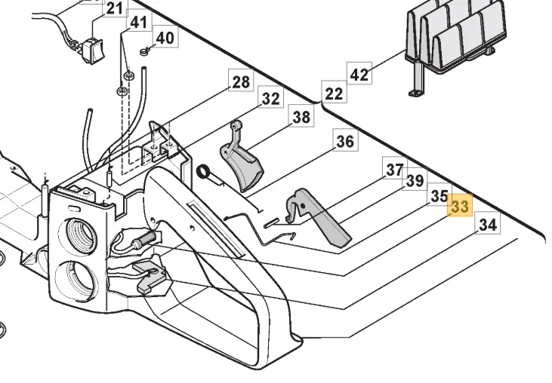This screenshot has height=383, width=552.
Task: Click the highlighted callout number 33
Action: (460, 207)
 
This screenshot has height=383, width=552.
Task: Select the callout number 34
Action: (488, 224)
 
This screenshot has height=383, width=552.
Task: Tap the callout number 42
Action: (359, 75)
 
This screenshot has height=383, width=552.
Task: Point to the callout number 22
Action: (333, 93)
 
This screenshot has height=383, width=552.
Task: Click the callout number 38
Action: (301, 117)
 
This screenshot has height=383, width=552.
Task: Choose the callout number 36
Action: (345, 141)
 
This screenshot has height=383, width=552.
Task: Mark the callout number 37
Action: (394, 170)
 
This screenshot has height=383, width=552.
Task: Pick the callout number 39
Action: (415, 181)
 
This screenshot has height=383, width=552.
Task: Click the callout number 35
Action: (439, 196)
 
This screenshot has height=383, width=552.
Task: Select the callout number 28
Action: (241, 81)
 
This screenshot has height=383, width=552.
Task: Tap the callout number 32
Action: (270, 99)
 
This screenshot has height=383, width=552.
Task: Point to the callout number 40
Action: (165, 38)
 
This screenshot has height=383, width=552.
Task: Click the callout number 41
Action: (138, 23)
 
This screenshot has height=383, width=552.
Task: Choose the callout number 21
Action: (114, 9)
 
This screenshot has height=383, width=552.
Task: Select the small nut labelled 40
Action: (143, 51)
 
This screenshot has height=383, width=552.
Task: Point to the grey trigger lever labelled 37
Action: (321, 219)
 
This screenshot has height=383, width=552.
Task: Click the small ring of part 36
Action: (203, 173)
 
